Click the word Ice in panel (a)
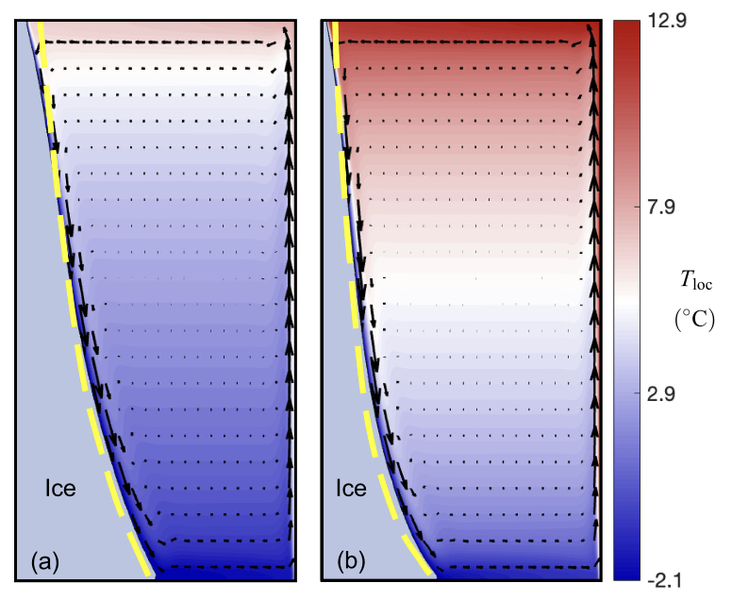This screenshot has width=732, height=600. tap(61, 489)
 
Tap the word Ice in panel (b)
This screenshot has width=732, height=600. tap(352, 489)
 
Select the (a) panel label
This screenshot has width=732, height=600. tap(45, 563)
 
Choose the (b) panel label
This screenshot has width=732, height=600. tap(352, 563)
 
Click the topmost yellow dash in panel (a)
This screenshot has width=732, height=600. tap(42, 38)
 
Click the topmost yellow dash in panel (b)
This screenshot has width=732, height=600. tap(333, 38)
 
